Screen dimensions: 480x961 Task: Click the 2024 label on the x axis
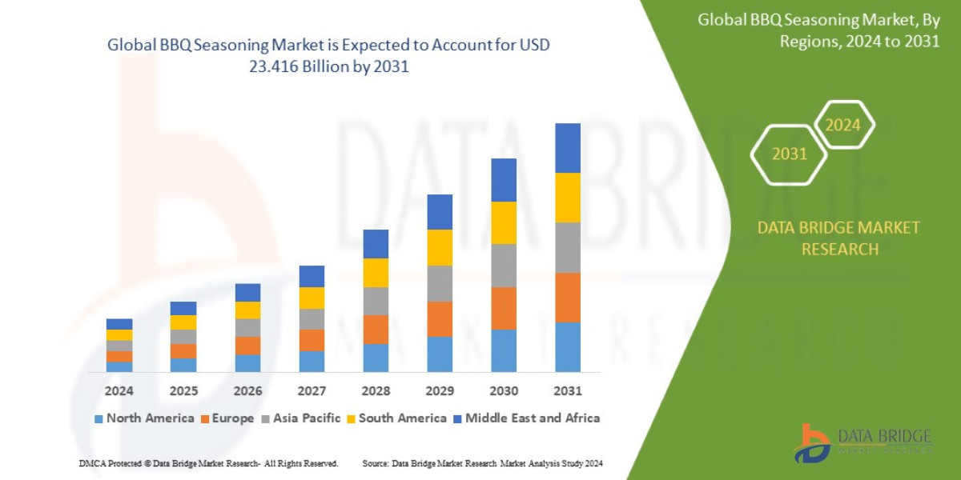click(x=119, y=391)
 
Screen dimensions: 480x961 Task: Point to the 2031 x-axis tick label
click(x=567, y=391)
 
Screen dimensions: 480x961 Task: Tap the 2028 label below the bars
click(x=376, y=391)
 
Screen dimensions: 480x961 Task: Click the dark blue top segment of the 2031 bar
click(x=567, y=148)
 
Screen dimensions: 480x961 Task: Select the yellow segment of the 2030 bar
click(x=504, y=222)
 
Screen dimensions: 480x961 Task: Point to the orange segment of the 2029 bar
click(x=440, y=318)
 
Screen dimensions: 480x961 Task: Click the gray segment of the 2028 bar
click(x=376, y=301)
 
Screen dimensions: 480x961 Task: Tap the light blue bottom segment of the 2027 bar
click(x=312, y=362)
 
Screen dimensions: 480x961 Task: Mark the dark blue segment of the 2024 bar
click(x=119, y=324)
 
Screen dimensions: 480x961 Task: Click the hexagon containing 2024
click(x=842, y=125)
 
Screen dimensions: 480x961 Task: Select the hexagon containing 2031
click(x=789, y=154)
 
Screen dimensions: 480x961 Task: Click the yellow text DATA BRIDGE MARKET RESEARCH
click(x=838, y=238)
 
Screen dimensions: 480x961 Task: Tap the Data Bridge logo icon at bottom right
click(x=812, y=442)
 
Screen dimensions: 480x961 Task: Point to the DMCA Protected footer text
click(x=208, y=463)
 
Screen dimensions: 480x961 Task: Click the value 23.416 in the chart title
click(x=285, y=67)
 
